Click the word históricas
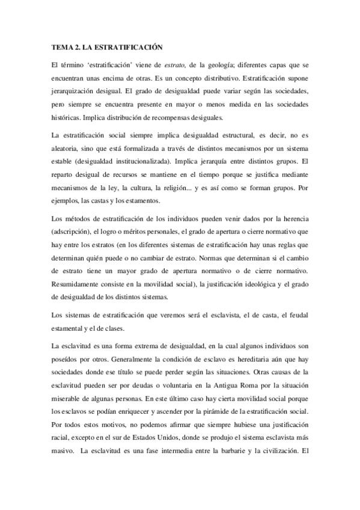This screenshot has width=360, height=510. [67, 117]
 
